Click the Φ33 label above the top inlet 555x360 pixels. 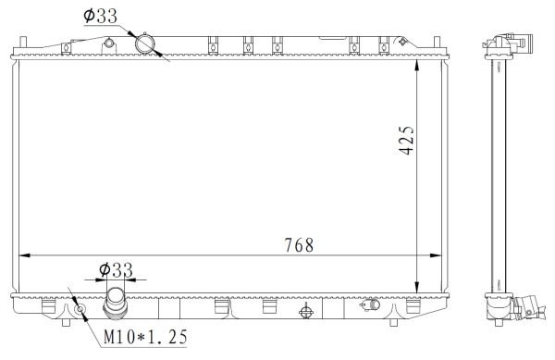pos(100,16)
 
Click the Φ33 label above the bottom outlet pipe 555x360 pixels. pos(116,270)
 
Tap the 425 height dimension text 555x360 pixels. pos(406,140)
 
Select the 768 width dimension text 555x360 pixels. pos(299,245)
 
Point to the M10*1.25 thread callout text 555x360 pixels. pos(145,337)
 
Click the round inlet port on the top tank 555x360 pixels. pos(145,44)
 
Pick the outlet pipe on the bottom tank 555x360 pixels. pos(116,304)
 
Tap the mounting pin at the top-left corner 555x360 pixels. pos(23,41)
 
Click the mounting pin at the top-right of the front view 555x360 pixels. pos(437,41)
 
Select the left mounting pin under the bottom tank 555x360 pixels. pos(66,322)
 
